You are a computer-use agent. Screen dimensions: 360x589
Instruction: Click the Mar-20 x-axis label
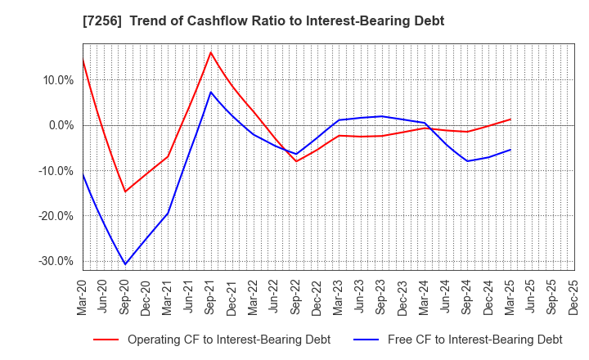[83, 297]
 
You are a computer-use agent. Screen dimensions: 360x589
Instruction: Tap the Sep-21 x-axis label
[211, 297]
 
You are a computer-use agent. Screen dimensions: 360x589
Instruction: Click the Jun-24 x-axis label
[446, 297]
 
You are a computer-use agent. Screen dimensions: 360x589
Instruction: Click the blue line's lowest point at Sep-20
[125, 264]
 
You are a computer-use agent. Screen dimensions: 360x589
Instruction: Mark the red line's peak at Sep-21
[211, 52]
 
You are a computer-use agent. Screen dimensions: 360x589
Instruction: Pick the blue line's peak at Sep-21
[211, 92]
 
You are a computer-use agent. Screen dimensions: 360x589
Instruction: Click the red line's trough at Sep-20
[125, 192]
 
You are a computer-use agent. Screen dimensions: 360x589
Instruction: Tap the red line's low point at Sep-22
[296, 161]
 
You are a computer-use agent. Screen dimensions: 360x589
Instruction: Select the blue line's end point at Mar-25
[510, 150]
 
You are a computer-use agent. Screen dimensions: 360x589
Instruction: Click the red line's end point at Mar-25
[510, 119]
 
